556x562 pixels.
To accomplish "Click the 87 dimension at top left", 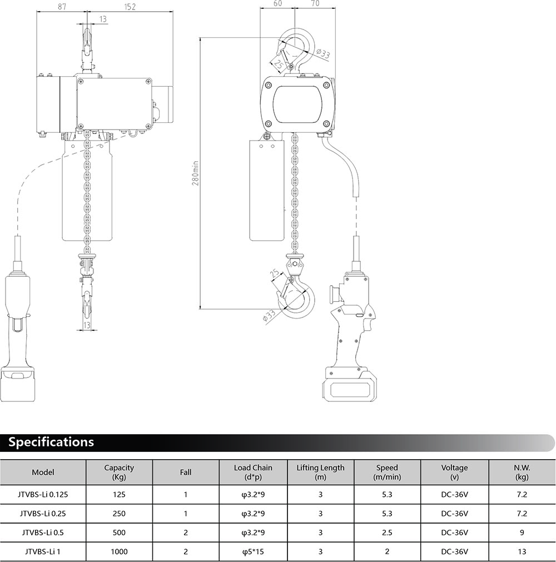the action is click(x=62, y=7).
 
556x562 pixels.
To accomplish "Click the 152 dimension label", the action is click(x=130, y=7).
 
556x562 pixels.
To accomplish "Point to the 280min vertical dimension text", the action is click(x=196, y=173).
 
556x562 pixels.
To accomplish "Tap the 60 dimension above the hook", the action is click(x=277, y=3).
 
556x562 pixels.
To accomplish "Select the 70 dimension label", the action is click(x=315, y=3).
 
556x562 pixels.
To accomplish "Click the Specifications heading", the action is click(x=51, y=442).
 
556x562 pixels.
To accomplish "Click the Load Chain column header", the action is click(x=253, y=473).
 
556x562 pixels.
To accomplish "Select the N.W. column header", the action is click(x=522, y=473).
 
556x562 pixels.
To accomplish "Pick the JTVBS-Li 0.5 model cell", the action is click(x=43, y=533).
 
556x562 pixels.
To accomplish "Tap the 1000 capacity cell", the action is click(x=119, y=551).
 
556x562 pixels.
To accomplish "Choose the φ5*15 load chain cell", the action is click(x=253, y=551).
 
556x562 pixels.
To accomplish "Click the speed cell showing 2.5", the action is click(x=387, y=533).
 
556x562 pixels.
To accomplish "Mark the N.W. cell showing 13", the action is click(x=522, y=551).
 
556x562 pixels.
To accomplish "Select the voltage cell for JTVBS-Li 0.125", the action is click(x=455, y=495).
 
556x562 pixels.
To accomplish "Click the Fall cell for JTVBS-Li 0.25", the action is click(x=186, y=514).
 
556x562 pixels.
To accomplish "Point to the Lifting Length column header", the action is click(x=320, y=473).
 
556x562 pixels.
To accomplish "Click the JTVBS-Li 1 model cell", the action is click(x=43, y=551).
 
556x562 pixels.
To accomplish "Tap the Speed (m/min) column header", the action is click(x=387, y=473).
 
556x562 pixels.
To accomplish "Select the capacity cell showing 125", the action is click(x=119, y=495).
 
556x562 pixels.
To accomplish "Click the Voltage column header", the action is click(x=455, y=473).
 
